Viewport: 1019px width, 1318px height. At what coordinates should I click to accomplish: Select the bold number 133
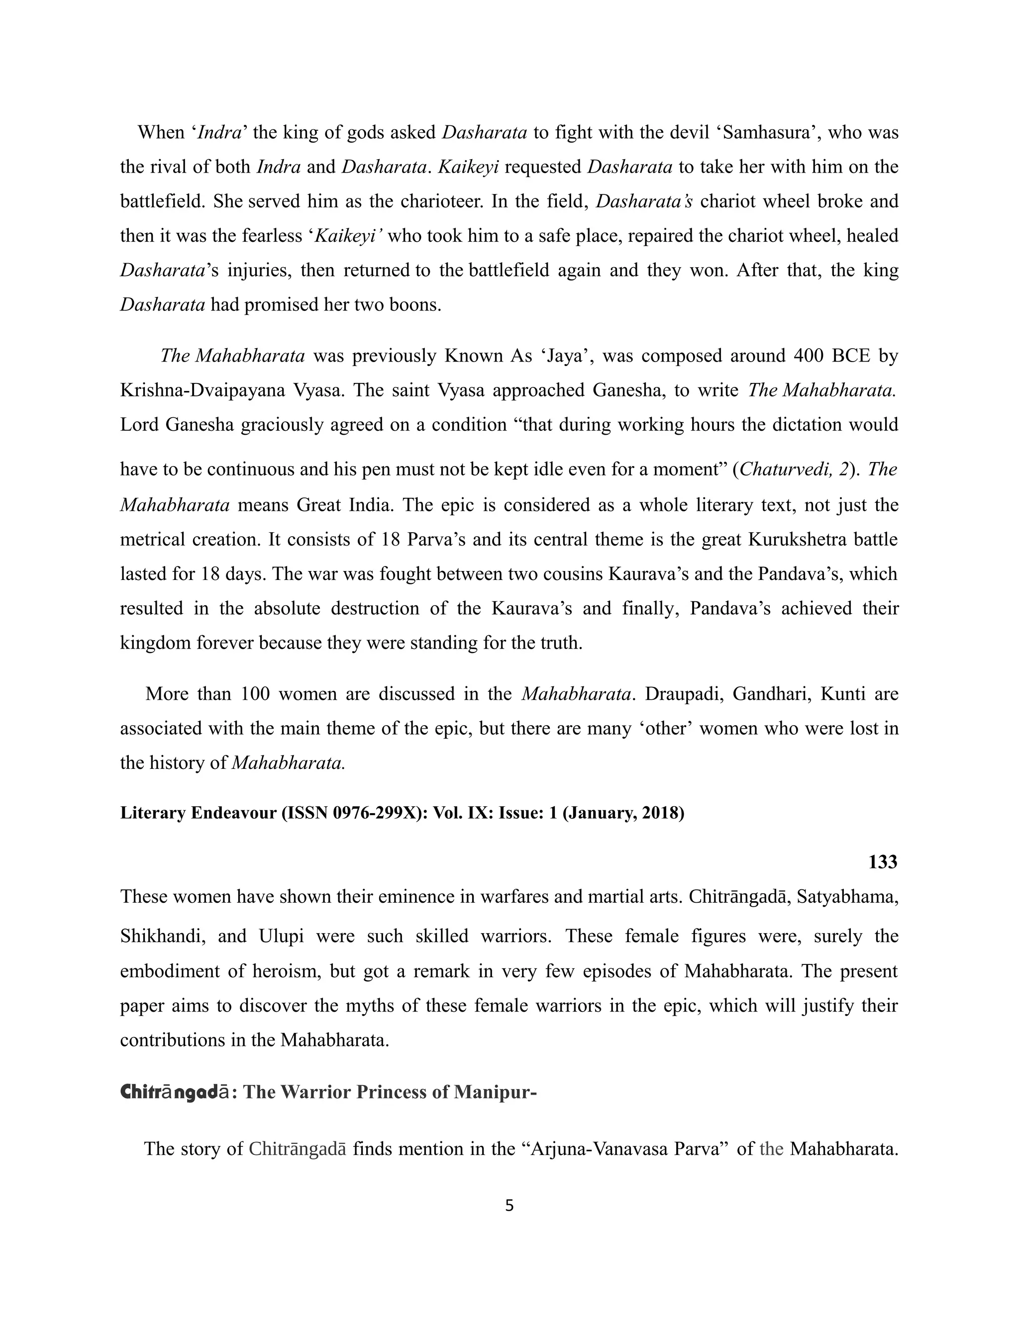pyautogui.click(x=883, y=862)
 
